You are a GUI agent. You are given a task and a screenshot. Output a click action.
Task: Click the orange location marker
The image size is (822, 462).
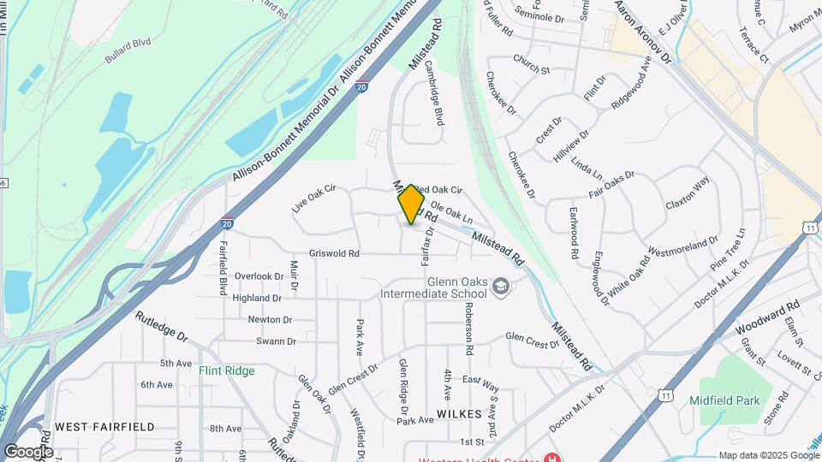(412, 204)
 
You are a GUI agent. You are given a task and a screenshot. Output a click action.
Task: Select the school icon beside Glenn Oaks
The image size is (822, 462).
(500, 287)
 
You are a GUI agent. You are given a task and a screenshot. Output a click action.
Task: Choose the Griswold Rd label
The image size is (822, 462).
(334, 253)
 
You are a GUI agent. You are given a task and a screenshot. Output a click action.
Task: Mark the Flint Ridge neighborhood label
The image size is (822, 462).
(227, 370)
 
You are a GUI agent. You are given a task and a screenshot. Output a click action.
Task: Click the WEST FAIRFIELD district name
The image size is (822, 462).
(104, 426)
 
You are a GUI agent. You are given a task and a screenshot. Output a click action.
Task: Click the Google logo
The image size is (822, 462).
(28, 451)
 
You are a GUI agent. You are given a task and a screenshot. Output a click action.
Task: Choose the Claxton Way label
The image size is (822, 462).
(688, 194)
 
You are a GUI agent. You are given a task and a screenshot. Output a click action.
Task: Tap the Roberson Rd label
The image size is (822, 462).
(469, 329)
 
